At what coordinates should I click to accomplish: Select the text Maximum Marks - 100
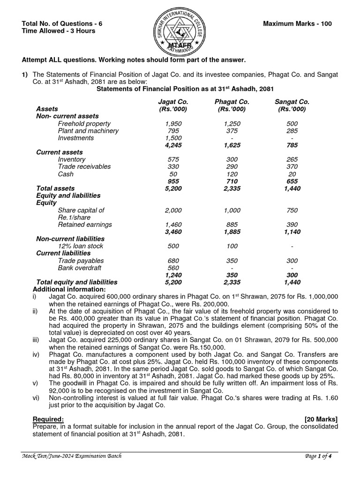pyautogui.click(x=298, y=24)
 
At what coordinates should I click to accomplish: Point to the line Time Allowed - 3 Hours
pyautogui.click(x=59, y=31)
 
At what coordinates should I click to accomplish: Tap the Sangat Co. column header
pyautogui.click(x=292, y=102)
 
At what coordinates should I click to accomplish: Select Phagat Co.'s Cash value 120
pyautogui.click(x=232, y=174)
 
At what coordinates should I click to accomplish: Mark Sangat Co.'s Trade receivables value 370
pyautogui.click(x=292, y=167)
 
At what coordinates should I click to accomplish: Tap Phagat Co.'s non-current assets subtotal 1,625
pyautogui.click(x=232, y=145)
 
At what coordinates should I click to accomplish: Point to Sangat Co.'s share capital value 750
pyautogui.click(x=292, y=210)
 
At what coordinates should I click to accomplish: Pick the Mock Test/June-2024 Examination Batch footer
pyautogui.click(x=72, y=457)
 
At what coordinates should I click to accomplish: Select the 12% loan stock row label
pyautogui.click(x=80, y=246)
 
